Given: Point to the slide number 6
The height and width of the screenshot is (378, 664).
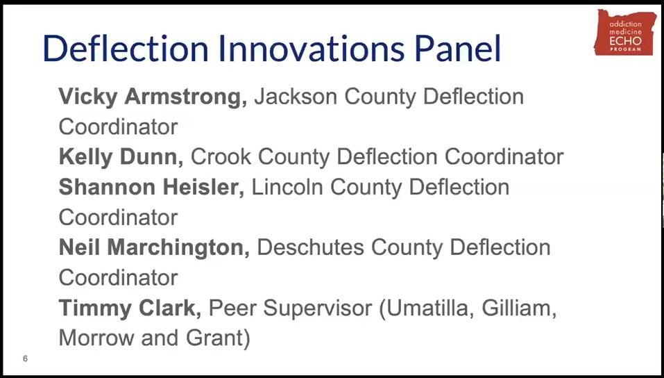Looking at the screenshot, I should (x=25, y=359).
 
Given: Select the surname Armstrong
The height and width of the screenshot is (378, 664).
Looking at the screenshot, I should (x=185, y=97).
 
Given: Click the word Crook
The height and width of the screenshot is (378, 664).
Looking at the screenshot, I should (x=220, y=157).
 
